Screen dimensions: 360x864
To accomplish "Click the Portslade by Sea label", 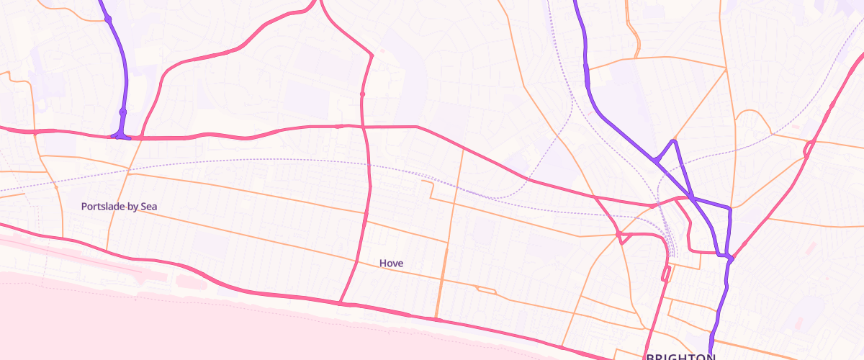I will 119,207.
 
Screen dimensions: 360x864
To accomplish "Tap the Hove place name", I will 391,264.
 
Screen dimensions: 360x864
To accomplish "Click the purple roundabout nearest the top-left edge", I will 109,19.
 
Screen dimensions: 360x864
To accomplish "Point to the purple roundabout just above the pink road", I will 123,112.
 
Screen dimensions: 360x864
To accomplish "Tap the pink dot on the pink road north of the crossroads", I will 362,94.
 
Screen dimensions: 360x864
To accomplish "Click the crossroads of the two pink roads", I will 364,127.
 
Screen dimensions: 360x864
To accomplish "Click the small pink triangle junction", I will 620,236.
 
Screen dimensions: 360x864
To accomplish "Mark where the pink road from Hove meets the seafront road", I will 340,303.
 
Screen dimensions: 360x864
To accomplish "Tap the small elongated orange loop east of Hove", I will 486,290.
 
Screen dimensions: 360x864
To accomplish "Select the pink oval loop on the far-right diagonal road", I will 808,150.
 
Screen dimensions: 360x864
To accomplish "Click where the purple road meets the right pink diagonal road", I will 730,258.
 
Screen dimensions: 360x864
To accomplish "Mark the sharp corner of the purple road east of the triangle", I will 729,209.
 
